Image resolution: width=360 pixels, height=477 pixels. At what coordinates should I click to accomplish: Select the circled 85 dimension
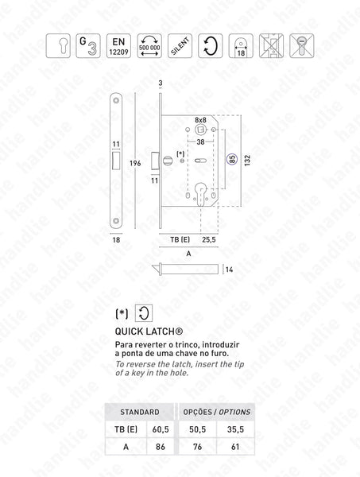tap(231, 158)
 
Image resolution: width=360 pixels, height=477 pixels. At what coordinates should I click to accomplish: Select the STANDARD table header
tap(137, 412)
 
